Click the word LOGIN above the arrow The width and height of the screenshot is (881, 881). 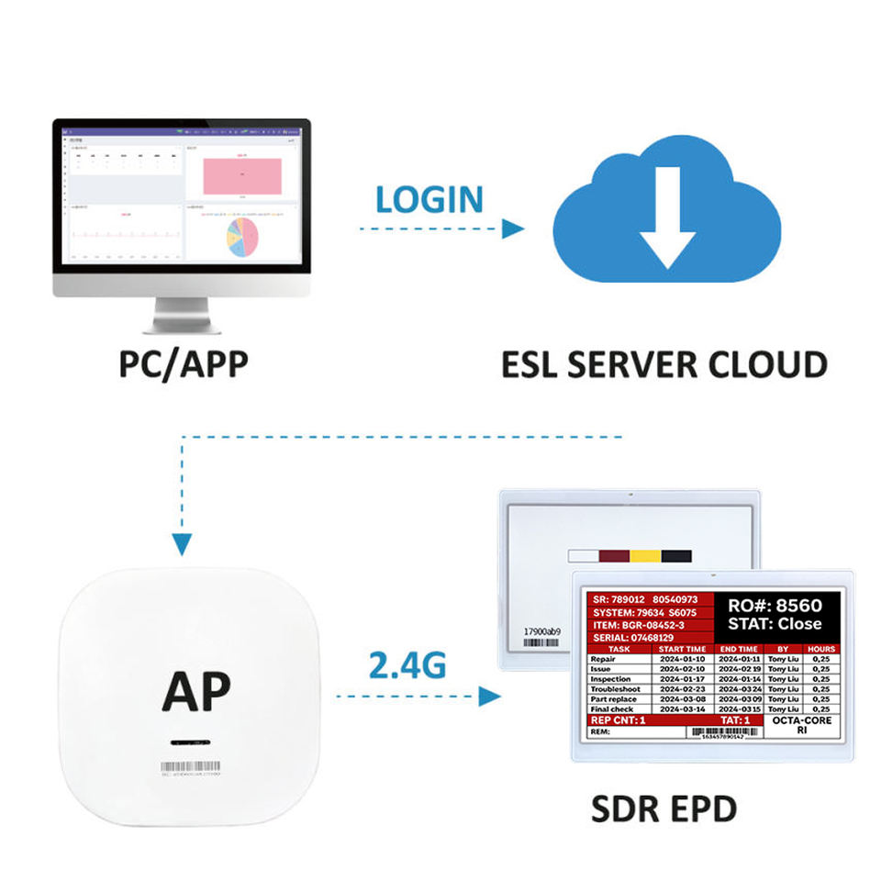pos(429,198)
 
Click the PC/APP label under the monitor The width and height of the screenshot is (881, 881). pos(184,363)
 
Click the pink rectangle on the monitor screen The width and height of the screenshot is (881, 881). pos(240,173)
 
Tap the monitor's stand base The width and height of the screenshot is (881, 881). pos(184,325)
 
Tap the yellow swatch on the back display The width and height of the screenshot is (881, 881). pos(644,556)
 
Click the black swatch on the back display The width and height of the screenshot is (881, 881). pos(676,556)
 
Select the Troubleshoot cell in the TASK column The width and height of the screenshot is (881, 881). pos(617,688)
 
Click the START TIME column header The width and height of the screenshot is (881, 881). pos(683,648)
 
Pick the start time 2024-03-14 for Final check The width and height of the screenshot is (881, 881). pos(683,708)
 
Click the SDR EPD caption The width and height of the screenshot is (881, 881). pos(664,809)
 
